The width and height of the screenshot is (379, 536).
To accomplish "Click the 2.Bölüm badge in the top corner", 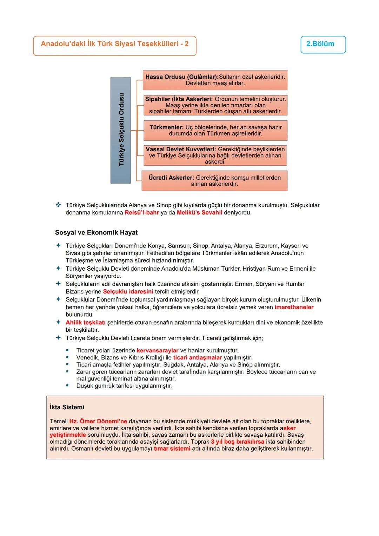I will coord(323,44).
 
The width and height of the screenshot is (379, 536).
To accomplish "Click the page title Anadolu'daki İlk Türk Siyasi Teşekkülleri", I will coord(114,44).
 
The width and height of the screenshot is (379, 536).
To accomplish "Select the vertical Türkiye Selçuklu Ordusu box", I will coord(121,130).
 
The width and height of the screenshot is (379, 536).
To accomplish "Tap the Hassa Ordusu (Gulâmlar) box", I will coord(215,80).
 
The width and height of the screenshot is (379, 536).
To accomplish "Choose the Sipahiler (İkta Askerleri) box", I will coord(215,105).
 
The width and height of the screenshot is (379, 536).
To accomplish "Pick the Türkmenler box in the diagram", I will coord(215,130).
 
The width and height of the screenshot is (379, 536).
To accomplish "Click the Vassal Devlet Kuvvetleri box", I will coord(215,155).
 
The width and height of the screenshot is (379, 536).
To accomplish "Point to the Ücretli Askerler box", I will coord(214,181).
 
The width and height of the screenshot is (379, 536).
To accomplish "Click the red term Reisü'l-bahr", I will coord(142,213).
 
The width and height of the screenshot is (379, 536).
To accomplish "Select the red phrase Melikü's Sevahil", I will coord(199,213).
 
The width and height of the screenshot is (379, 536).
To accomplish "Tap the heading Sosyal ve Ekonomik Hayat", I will coord(96,233).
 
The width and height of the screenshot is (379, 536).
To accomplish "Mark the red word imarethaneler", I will coord(294,307).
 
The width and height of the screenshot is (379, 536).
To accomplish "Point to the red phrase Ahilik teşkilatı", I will coord(86,323).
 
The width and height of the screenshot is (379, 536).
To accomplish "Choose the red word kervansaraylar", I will coord(157,351).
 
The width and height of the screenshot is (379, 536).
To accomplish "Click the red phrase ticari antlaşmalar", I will coord(198,358).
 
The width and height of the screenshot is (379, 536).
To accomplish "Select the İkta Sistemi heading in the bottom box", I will coord(67,407).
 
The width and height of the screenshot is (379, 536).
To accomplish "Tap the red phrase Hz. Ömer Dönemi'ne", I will coord(98,421).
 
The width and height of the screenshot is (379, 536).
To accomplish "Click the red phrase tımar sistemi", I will coord(172,449).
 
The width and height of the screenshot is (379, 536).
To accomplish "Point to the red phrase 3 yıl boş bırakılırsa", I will coord(238,442).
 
